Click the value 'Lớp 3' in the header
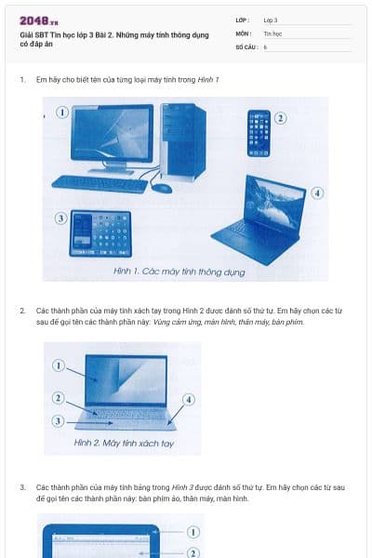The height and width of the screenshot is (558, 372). tap(271, 19)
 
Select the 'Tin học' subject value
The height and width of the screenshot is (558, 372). tap(272, 33)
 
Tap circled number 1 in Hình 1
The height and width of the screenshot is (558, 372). tap(62, 112)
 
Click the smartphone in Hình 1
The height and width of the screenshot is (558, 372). tap(259, 133)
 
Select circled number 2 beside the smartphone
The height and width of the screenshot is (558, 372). tap(280, 118)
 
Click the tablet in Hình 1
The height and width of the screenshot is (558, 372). tap(100, 232)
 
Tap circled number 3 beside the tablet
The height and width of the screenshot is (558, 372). tap(61, 219)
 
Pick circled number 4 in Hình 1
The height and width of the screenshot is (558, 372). tap(317, 193)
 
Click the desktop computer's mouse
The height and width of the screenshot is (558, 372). tap(162, 188)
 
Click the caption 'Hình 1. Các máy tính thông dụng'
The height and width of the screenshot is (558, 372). tap(179, 272)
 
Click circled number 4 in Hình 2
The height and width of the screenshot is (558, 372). tap(189, 399)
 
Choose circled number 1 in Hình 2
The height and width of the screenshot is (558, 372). tap(58, 366)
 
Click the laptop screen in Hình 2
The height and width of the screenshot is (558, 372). tap(125, 380)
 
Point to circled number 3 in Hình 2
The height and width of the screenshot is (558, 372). tap(58, 421)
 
